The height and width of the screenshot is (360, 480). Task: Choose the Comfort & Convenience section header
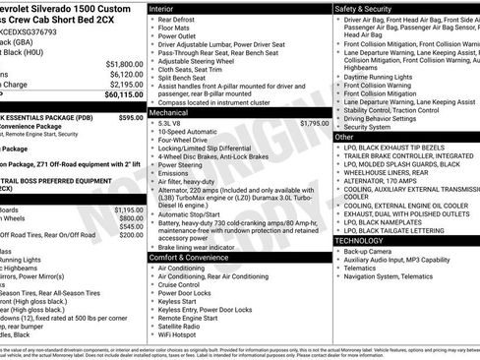point(193,258)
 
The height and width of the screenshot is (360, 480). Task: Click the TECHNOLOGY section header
point(366,240)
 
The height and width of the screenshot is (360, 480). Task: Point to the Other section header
point(345,137)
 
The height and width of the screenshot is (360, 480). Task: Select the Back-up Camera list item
point(368,251)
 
